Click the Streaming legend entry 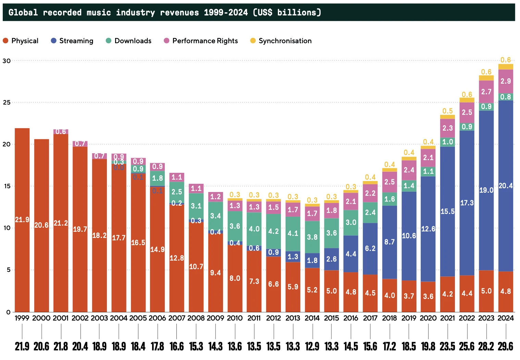pos(72,41)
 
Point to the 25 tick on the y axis pos(7,103)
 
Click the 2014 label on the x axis pos(312,318)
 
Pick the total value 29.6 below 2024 pos(506,346)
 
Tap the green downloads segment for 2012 pos(273,231)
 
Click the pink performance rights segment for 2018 pos(389,182)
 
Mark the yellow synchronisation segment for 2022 pos(467,100)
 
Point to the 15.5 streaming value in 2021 pos(447,212)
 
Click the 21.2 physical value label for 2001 pos(61,223)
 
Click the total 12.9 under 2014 pos(312,346)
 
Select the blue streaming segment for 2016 pos(351,254)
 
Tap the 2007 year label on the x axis pos(177,318)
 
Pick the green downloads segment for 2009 pos(215,216)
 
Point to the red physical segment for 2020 pos(428,296)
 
